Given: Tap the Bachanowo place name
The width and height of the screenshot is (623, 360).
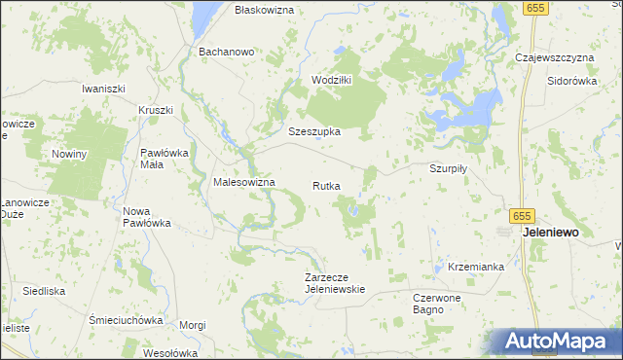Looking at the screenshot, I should click(226, 52).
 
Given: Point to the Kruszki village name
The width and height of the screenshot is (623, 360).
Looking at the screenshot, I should click(156, 110).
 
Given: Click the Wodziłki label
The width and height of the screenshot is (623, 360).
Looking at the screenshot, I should click(330, 80).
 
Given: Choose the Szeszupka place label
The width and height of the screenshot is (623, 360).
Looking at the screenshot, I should click(313, 131).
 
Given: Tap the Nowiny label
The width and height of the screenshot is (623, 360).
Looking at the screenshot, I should click(69, 154).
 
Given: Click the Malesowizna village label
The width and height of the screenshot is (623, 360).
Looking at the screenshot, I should click(244, 182).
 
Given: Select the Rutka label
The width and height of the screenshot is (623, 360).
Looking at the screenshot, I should click(326, 185).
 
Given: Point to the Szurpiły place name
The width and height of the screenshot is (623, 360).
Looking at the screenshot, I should click(450, 167).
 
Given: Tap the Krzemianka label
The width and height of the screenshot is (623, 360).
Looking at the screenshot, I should click(476, 266).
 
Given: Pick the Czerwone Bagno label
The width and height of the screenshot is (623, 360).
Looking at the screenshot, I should click(443, 303).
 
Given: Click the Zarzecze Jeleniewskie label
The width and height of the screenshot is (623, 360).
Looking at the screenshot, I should click(334, 282).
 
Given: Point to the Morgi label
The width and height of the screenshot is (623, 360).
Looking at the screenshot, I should click(193, 324).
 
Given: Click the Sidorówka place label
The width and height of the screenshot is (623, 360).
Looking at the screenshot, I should click(571, 81).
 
